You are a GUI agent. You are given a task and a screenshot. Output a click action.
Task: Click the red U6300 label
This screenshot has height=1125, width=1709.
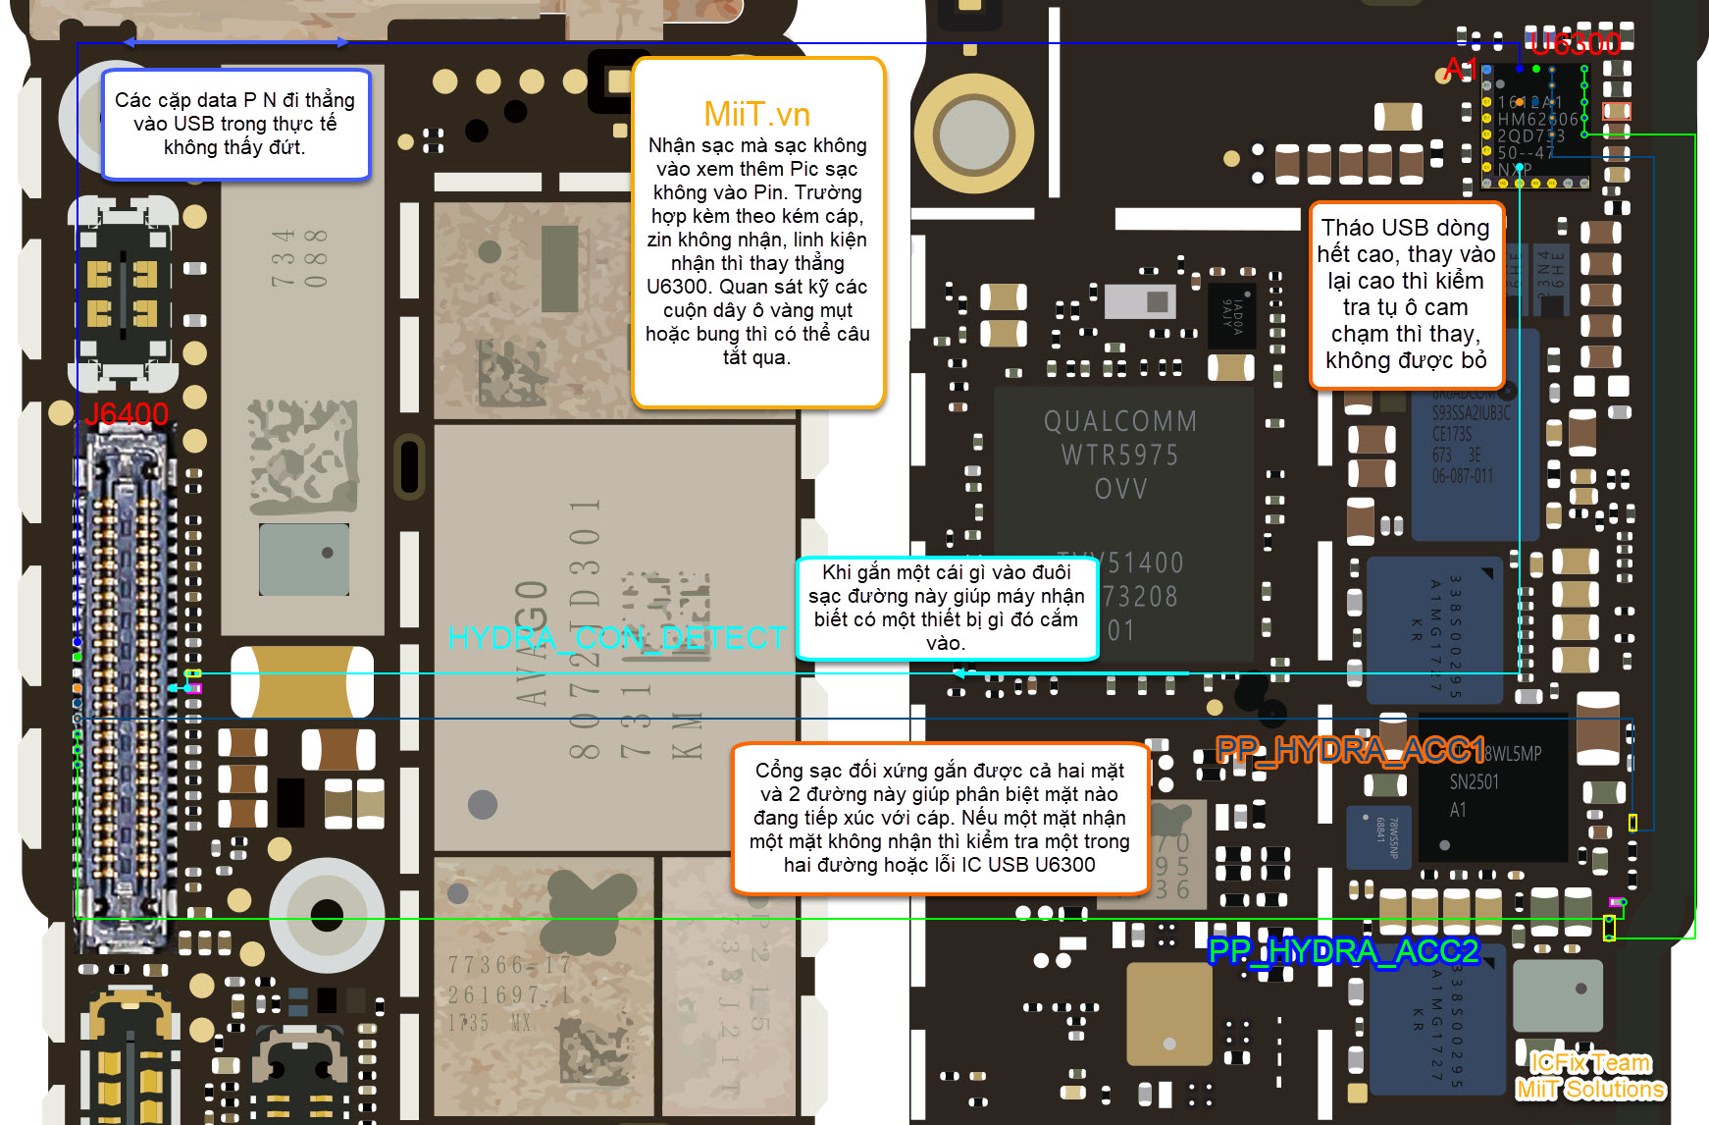1574,43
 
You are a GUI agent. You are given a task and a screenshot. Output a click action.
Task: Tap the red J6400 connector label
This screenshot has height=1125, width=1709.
127,414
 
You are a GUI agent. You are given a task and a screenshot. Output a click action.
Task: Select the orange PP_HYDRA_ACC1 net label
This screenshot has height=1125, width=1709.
1350,751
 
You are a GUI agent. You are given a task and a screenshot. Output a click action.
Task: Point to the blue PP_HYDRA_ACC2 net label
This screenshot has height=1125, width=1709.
1343,951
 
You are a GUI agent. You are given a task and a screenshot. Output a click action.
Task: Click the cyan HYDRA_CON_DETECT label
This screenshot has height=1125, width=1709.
616,638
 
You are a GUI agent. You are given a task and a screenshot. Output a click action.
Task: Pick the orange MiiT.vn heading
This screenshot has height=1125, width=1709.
756,114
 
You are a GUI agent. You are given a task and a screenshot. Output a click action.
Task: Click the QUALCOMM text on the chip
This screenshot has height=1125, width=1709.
1119,422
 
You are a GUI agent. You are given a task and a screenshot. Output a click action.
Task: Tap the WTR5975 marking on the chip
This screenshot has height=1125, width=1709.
1119,455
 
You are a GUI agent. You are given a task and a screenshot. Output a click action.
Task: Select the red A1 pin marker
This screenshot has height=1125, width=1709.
1460,69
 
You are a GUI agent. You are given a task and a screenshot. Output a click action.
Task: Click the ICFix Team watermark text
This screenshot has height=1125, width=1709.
1590,1063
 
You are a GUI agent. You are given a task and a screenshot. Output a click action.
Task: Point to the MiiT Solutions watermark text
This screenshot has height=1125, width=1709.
1590,1089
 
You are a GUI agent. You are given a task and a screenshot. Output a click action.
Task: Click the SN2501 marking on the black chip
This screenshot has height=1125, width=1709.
1474,782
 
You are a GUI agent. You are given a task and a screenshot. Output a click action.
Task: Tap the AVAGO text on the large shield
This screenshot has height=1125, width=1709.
532,643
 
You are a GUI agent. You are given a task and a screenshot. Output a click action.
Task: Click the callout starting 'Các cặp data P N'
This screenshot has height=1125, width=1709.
235,124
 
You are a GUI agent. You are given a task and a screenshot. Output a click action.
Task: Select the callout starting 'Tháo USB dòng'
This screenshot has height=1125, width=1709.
1406,294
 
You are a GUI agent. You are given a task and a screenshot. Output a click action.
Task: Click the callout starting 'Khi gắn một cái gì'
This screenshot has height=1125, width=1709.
946,608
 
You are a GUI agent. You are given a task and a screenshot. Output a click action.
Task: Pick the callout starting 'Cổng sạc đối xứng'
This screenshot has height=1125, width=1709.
939,818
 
